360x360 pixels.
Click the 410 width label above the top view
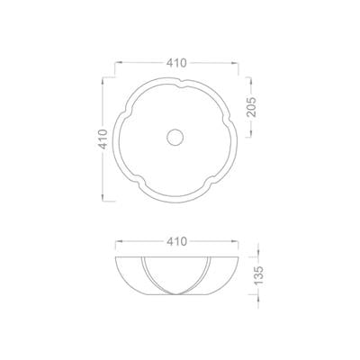click(177, 63)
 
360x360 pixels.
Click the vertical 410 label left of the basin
click(103, 139)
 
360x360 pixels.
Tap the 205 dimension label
click(251, 106)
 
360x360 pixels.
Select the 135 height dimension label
click(258, 275)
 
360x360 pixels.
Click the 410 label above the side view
click(177, 241)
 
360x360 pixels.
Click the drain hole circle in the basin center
click(175, 137)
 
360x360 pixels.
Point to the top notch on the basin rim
click(180, 83)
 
